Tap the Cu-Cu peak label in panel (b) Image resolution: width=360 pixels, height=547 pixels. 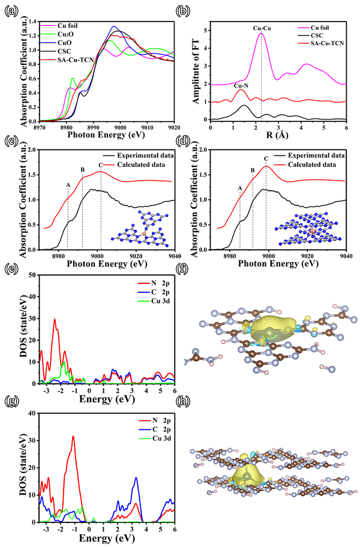point(262,28)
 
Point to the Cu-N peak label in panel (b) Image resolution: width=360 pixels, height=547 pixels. point(241,85)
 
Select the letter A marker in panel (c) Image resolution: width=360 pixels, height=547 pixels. point(68,185)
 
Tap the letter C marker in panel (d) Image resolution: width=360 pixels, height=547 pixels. point(266,159)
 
